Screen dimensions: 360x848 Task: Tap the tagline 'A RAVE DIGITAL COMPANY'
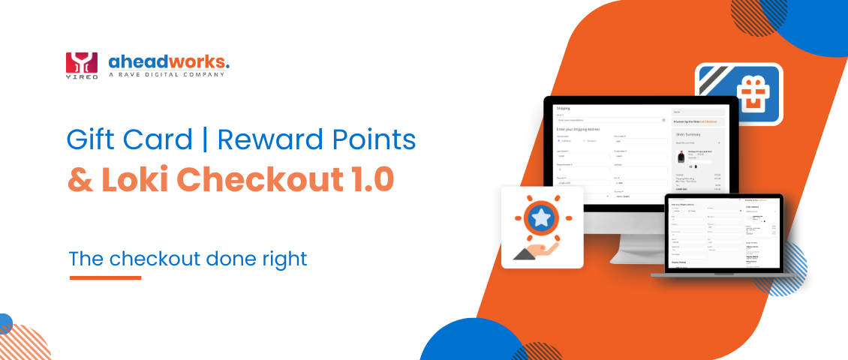[166, 75]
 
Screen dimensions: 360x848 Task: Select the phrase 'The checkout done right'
[188, 259]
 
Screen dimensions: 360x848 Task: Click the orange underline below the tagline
[105, 277]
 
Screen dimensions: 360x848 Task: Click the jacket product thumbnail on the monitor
[681, 157]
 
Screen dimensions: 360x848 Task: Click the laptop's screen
[723, 233]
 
